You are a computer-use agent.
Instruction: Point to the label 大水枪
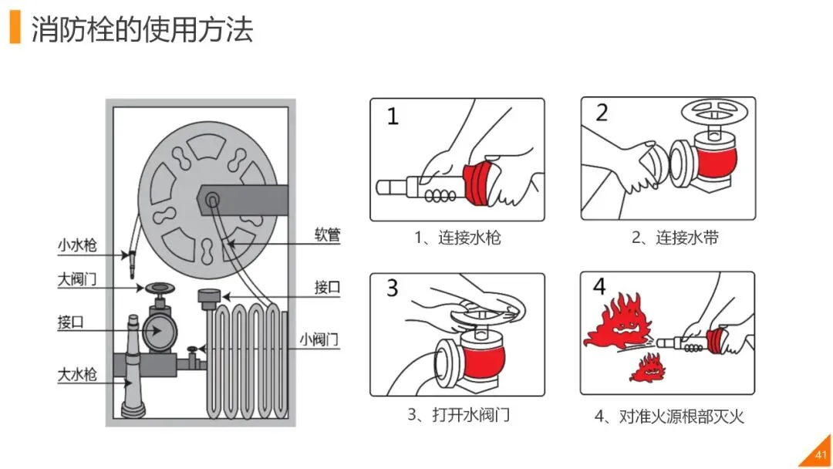tap(77, 375)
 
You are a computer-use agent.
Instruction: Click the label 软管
tap(327, 235)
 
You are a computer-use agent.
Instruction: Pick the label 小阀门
tap(319, 339)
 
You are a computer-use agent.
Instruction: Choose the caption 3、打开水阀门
tap(458, 414)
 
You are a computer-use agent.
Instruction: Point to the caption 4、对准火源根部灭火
tap(669, 417)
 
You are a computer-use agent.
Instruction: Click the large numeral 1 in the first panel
tap(393, 116)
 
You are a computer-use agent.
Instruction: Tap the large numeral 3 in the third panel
tap(393, 288)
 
